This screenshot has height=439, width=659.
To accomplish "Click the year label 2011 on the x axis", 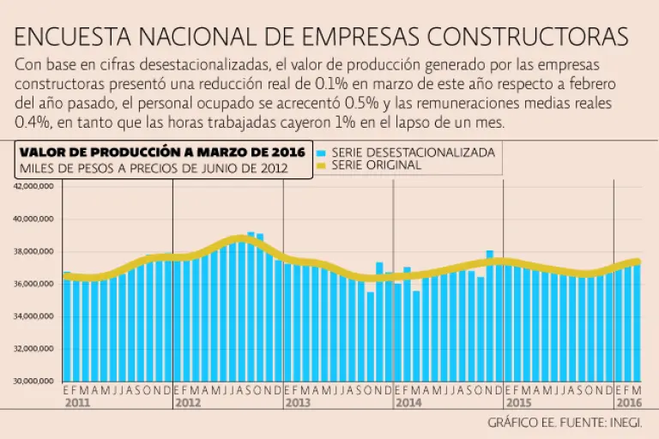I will [x=77, y=402].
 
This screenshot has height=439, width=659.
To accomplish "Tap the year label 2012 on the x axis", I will [x=187, y=402].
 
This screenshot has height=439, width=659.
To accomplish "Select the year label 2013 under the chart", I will [x=298, y=402].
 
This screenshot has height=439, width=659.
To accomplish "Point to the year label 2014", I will [x=408, y=402].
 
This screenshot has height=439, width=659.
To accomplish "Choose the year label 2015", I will [x=518, y=402].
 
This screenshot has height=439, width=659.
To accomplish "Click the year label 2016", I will [x=628, y=402].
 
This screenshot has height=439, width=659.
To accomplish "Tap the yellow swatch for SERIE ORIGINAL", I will [x=322, y=165].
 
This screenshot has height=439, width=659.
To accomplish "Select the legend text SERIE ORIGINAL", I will [x=376, y=165].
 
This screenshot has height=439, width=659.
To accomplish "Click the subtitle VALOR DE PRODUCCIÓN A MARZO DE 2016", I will [x=150, y=153].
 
